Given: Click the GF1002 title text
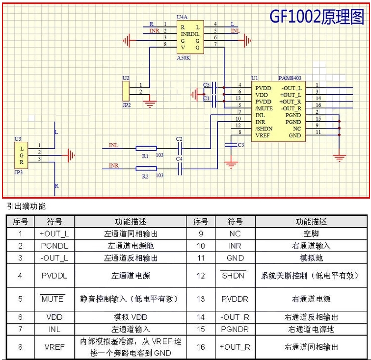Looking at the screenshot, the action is pos(317,17).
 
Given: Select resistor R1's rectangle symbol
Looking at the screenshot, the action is pos(146,149).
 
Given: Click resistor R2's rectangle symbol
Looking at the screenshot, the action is pos(146,169).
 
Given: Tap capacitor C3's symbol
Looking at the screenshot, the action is pos(231,145).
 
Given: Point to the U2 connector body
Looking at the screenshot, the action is pos(126,91).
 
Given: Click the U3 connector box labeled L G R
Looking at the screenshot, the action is pos(21,155).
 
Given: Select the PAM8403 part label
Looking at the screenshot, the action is pos(290,78).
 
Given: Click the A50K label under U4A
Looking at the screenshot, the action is pos(184,58).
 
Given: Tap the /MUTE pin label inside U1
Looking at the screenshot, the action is pos(264,108).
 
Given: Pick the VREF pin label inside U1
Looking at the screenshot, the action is pos(263,135).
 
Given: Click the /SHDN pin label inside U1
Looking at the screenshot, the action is pos(264,129).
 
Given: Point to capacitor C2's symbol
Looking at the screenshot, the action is pos(180,149).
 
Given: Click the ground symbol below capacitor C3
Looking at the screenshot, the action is pos(231,165).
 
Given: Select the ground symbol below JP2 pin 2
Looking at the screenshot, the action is pos(150,104).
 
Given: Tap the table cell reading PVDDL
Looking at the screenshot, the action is pos(54,276).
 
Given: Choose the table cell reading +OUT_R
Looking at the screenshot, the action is pos(235,347).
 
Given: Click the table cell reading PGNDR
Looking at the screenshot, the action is pos(235,329).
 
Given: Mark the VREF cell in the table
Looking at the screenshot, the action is pos(54,347).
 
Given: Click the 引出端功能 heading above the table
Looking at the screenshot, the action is pos(26,206).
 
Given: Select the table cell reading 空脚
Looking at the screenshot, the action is pos(311,233).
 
